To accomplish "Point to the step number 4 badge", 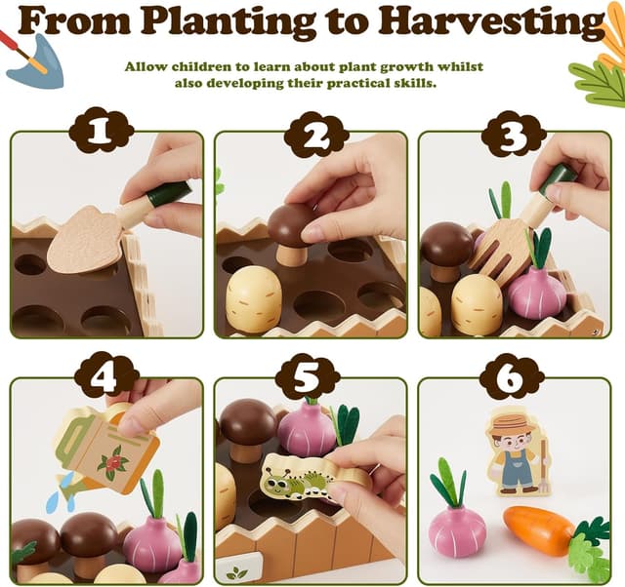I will [102, 375].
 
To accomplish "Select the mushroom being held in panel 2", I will [291, 227].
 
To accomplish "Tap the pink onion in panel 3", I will [536, 292].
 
